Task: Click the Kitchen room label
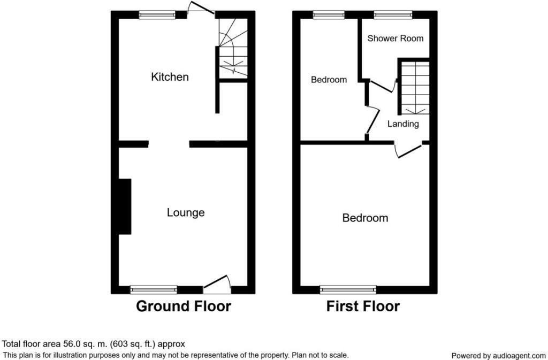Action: [x=170, y=77]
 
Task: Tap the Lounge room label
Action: [x=186, y=213]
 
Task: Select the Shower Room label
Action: [x=395, y=39]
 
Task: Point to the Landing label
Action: [x=403, y=124]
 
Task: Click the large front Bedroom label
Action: [x=365, y=218]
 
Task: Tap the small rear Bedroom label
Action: [x=329, y=80]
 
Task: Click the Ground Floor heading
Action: [x=183, y=307]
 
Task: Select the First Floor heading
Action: [x=363, y=307]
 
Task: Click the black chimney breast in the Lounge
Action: [x=125, y=206]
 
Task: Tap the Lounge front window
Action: [x=154, y=289]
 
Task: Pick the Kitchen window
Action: [x=157, y=15]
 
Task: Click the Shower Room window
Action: [x=393, y=15]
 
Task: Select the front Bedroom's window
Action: [x=348, y=289]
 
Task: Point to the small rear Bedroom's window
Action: [x=329, y=15]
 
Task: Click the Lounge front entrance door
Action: [x=217, y=286]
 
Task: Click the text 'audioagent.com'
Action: [x=512, y=356]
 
